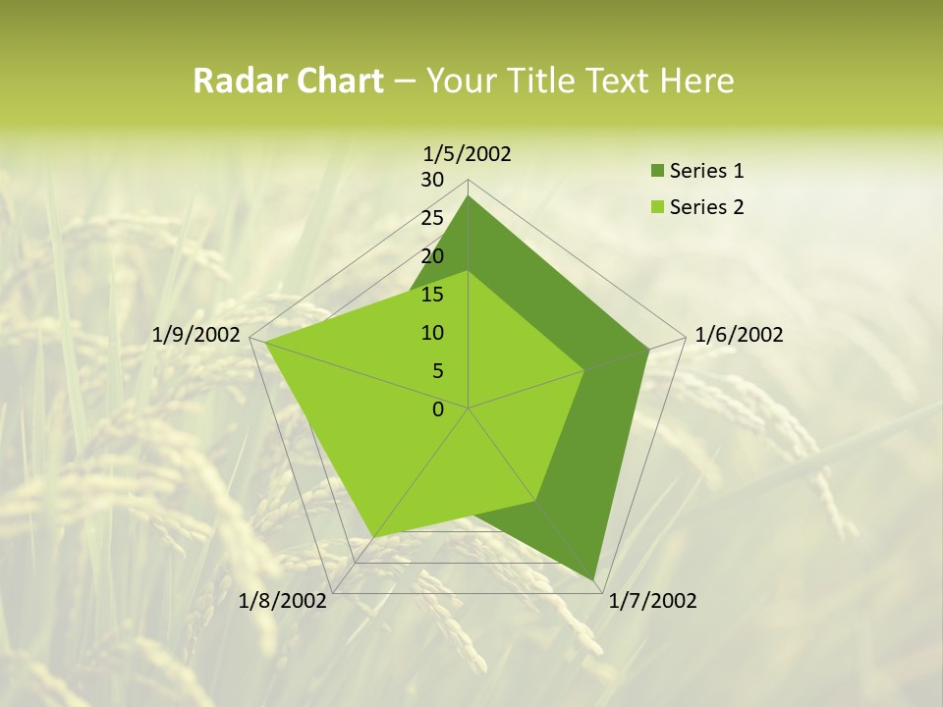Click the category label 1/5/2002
click(468, 153)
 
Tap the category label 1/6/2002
click(739, 335)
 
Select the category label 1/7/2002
click(652, 601)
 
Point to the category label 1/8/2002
click(283, 601)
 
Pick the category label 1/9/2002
click(196, 335)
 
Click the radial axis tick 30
click(432, 180)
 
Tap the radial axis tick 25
click(432, 218)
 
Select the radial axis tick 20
click(432, 256)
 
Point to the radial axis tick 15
click(432, 295)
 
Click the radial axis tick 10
click(432, 333)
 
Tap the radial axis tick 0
click(438, 409)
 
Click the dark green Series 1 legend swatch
click(656, 172)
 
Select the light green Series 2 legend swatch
click(656, 207)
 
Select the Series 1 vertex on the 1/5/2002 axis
click(469, 196)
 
